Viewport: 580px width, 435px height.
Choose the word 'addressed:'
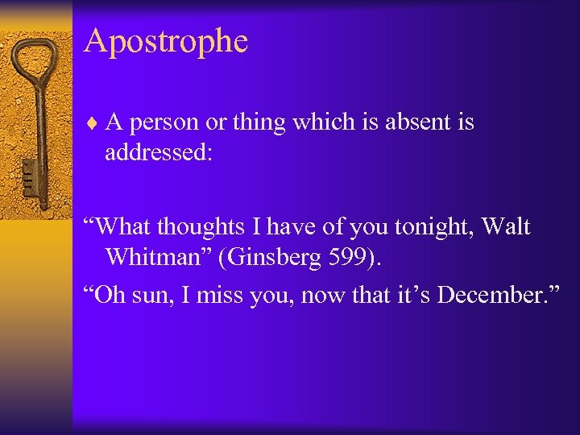pyautogui.click(x=159, y=152)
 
